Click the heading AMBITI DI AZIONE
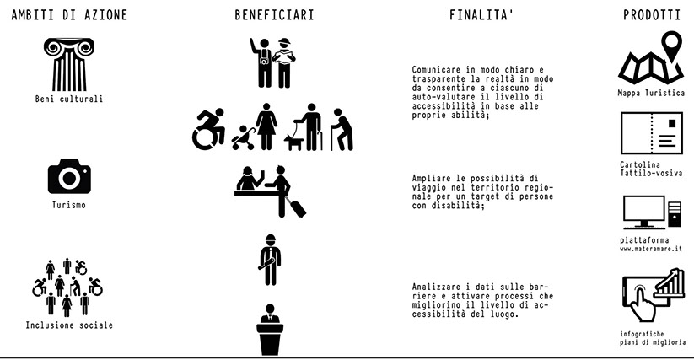pos(69,15)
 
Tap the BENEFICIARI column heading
pos(274,15)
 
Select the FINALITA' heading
pos(481,15)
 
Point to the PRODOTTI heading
pos(652,15)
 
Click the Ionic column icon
pos(69,65)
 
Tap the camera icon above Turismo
pos(69,176)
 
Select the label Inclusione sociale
pos(69,325)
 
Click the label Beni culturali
pos(69,99)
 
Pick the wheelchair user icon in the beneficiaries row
pos(208,129)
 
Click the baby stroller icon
pos(244,138)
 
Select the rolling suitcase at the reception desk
pos(296,207)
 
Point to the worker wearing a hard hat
pos(270,260)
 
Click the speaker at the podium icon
pos(270,330)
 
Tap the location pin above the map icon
pos(671,46)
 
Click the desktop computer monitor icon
pos(644,212)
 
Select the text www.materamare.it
pos(651,249)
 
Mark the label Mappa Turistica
pos(651,93)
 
